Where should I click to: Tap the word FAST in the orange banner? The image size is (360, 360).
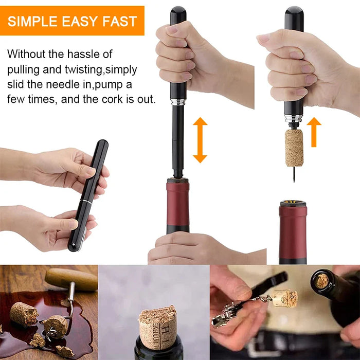click(119, 21)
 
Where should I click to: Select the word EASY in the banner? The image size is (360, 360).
click(80, 21)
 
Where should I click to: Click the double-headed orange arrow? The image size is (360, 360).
click(200, 140)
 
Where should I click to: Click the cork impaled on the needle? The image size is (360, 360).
click(294, 147)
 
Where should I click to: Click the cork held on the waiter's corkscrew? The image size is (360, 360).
click(284, 298)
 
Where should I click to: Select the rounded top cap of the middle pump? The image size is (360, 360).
click(178, 12)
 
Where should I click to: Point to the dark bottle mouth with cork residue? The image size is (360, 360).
click(322, 280)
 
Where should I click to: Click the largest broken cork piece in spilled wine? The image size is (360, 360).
click(24, 314)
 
